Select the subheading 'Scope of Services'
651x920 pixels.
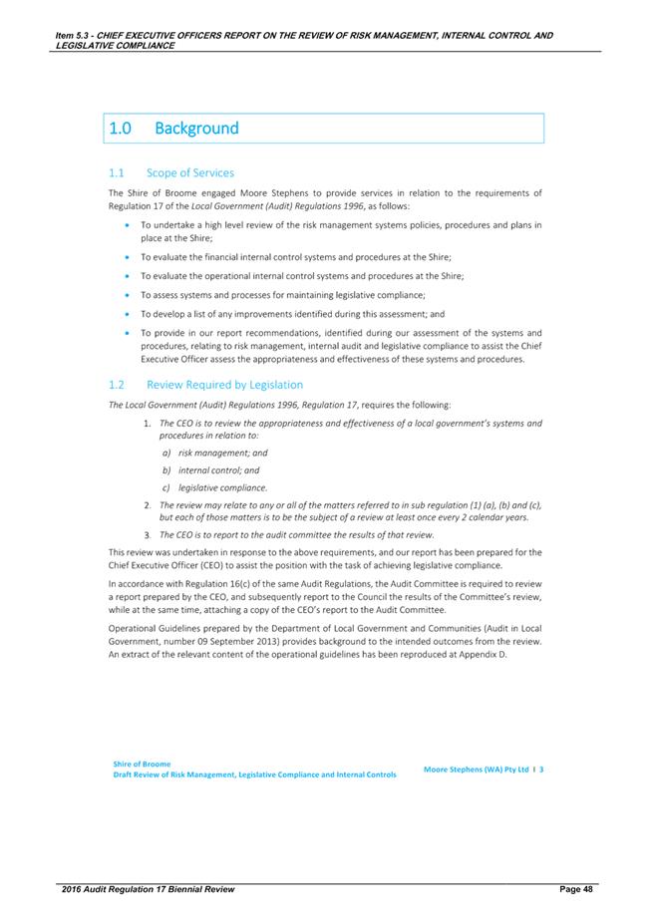point(190,172)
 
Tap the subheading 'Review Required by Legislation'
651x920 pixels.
point(224,384)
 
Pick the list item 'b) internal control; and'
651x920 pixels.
point(210,469)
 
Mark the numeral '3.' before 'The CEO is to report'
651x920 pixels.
point(148,535)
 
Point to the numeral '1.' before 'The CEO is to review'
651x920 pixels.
point(148,424)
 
